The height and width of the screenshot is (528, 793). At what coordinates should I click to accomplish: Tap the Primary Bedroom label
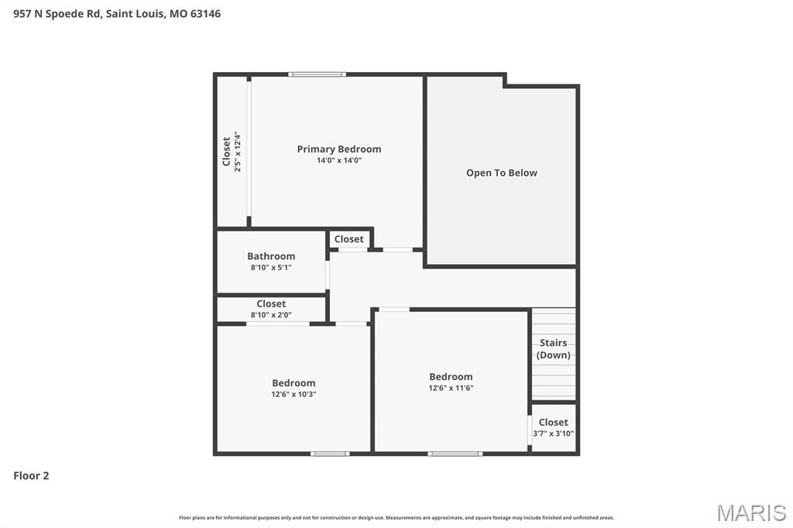(339, 149)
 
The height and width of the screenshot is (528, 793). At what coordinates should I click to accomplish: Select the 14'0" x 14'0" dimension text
(339, 160)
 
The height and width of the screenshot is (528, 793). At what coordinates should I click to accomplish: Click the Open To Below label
(501, 173)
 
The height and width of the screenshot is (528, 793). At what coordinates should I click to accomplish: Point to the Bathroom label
(271, 256)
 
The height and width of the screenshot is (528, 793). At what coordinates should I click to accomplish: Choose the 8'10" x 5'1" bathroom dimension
(271, 267)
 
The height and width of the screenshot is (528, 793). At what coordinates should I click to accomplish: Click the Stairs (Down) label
(554, 348)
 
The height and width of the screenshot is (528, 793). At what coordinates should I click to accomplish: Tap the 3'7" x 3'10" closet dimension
(553, 434)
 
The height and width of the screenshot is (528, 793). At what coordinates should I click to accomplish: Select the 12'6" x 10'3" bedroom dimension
(294, 394)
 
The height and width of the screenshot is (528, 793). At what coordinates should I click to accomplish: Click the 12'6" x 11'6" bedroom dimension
(451, 388)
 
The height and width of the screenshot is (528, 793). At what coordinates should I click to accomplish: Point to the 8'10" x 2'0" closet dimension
(271, 314)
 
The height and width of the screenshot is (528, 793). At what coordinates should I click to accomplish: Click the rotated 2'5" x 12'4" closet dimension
(238, 152)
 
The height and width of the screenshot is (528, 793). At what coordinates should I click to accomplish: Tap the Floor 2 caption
(31, 475)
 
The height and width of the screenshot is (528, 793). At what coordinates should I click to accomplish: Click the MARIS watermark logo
(751, 513)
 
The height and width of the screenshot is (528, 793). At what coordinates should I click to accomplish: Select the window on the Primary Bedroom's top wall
(317, 74)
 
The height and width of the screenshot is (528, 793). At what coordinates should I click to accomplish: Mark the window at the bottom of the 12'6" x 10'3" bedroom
(330, 453)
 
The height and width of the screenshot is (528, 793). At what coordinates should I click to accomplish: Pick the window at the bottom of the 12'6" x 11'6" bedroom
(455, 453)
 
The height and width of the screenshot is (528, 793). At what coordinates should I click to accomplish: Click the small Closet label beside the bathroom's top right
(349, 239)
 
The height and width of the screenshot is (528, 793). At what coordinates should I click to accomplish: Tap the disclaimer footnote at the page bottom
(396, 517)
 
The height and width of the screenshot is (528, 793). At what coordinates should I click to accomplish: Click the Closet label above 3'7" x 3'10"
(553, 422)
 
